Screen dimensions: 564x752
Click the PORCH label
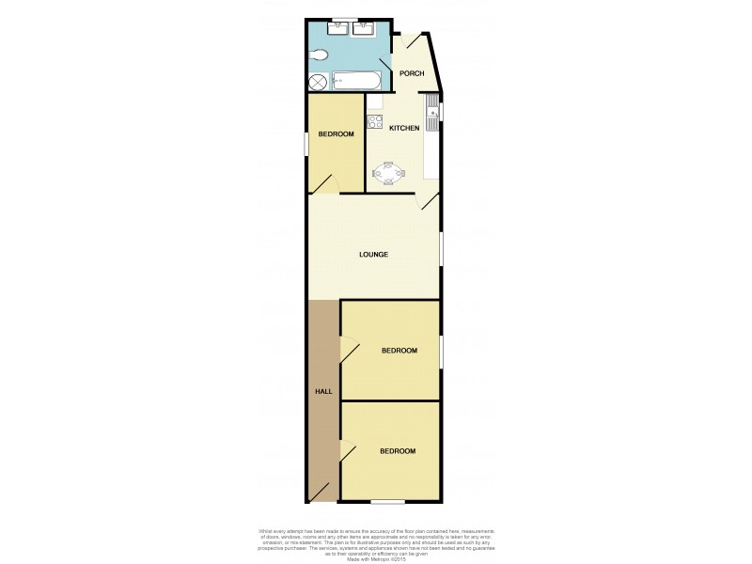pos(411,73)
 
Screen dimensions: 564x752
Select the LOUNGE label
pos(373,255)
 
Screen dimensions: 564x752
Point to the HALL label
pos(322,390)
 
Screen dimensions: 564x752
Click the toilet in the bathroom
pos(319,55)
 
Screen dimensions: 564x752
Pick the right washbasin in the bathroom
pos(365,28)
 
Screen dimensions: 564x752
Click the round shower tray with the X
pos(319,81)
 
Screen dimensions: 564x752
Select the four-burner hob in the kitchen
pos(373,120)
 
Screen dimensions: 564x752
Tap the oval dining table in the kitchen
pos(387,172)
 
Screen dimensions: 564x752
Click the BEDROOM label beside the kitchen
pos(336,134)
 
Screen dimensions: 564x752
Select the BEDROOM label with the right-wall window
pos(399,351)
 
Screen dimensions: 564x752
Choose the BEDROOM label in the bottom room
pos(397,451)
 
